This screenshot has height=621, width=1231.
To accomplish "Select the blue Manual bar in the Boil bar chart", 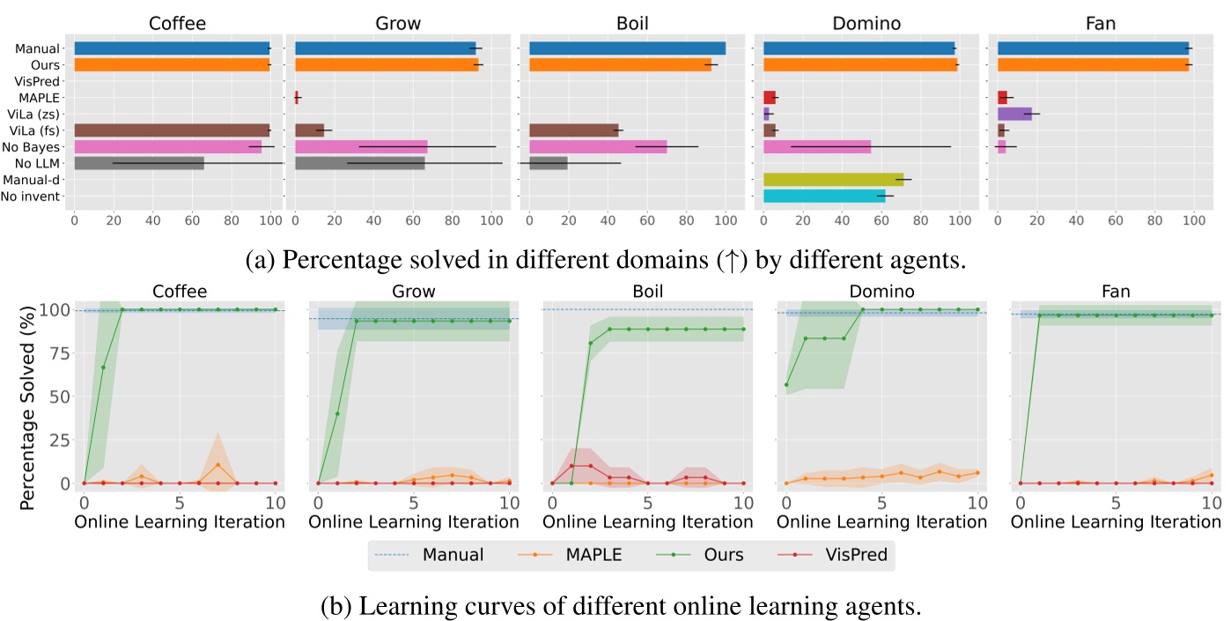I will click(627, 48).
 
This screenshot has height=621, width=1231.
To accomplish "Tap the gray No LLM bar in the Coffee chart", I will click(139, 163).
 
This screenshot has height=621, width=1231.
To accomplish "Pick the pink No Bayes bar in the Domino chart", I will click(816, 147).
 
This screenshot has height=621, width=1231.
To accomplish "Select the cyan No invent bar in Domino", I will click(824, 196).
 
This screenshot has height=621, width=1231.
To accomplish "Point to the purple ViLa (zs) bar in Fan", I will click(1014, 114).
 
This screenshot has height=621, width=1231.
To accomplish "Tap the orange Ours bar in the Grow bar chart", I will click(387, 64).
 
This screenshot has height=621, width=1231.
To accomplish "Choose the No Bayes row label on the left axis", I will click(37, 147).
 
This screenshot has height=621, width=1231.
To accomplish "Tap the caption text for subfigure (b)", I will click(614, 606).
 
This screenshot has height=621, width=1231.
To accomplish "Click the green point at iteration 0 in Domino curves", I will click(786, 384).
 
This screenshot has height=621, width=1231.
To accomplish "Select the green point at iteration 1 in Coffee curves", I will click(103, 367).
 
